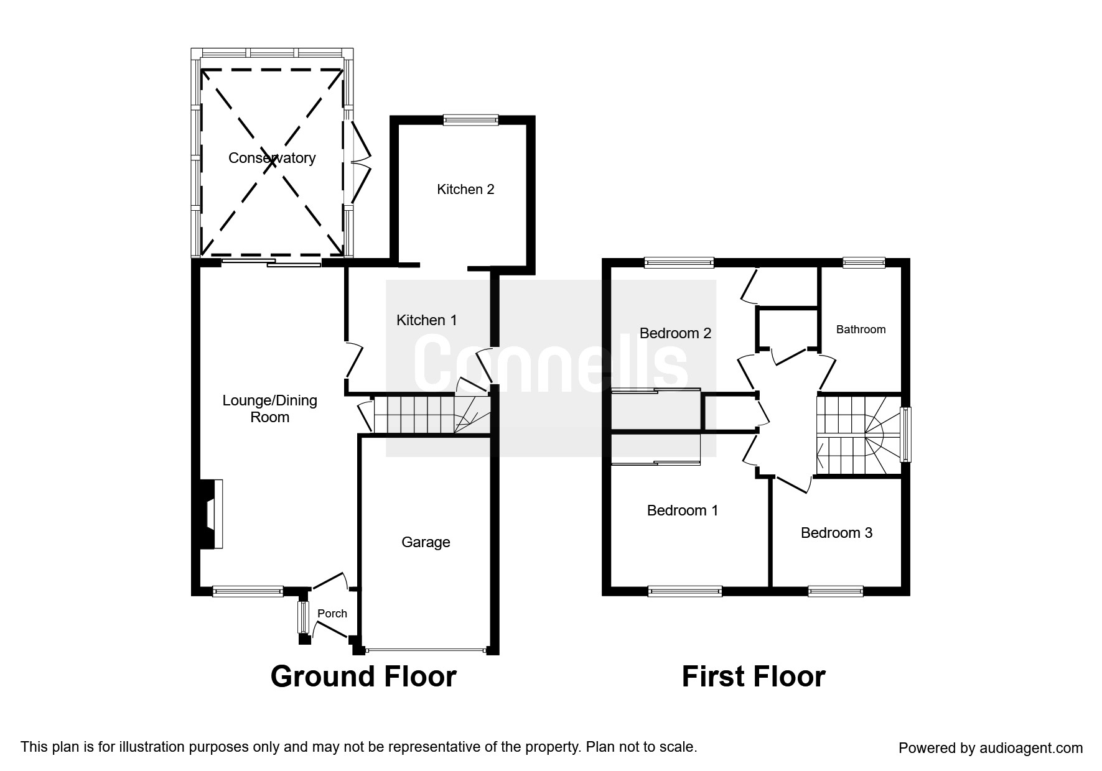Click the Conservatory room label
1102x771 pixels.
pyautogui.click(x=272, y=158)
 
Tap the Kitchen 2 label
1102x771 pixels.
pyautogui.click(x=465, y=189)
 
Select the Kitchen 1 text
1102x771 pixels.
pyautogui.click(x=427, y=320)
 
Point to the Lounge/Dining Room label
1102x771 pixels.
pyautogui.click(x=270, y=409)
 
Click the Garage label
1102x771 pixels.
pyautogui.click(x=426, y=542)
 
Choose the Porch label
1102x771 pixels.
pyautogui.click(x=332, y=614)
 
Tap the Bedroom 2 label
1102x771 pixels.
pyautogui.click(x=675, y=333)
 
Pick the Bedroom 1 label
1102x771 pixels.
pyautogui.click(x=683, y=510)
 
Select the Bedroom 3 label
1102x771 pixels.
pyautogui.click(x=836, y=533)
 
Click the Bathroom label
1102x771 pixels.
pyautogui.click(x=861, y=330)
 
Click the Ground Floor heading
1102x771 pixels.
pyautogui.click(x=363, y=676)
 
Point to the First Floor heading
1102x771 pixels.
pyautogui.click(x=754, y=676)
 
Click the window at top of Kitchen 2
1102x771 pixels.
pyautogui.click(x=471, y=120)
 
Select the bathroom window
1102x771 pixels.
pyautogui.click(x=864, y=263)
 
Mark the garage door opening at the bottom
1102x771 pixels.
pyautogui.click(x=426, y=651)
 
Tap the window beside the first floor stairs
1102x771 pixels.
pyautogui.click(x=906, y=435)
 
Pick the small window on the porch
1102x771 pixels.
pyautogui.click(x=303, y=616)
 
